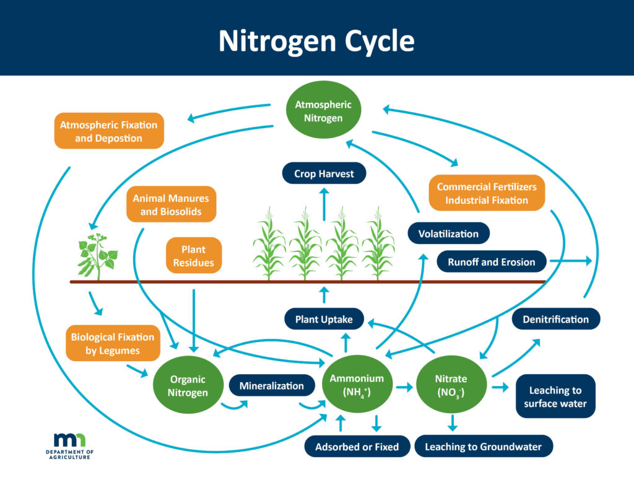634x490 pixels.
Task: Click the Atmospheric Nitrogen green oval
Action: tap(323, 112)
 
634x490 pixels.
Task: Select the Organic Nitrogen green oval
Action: tap(187, 385)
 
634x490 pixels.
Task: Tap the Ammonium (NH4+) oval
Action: tap(357, 385)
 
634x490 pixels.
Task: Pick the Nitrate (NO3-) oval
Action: tap(450, 385)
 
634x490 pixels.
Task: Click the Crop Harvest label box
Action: tap(324, 174)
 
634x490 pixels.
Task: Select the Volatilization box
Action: tap(448, 234)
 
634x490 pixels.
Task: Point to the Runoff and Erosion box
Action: tap(492, 262)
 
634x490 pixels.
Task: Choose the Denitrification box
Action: tap(555, 319)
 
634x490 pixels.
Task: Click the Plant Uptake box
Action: tap(323, 319)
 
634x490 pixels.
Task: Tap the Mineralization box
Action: tap(272, 386)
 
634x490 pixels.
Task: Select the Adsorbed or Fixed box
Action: tap(357, 446)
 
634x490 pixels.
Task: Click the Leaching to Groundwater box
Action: tap(483, 446)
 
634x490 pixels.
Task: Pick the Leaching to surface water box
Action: tap(555, 397)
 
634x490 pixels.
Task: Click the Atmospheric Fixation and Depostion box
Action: tap(109, 131)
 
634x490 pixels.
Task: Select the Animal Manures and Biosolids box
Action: tap(171, 204)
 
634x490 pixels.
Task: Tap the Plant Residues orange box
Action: tap(193, 255)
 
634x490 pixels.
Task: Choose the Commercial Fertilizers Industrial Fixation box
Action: tap(486, 193)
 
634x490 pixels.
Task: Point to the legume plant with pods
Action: tap(97, 255)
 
